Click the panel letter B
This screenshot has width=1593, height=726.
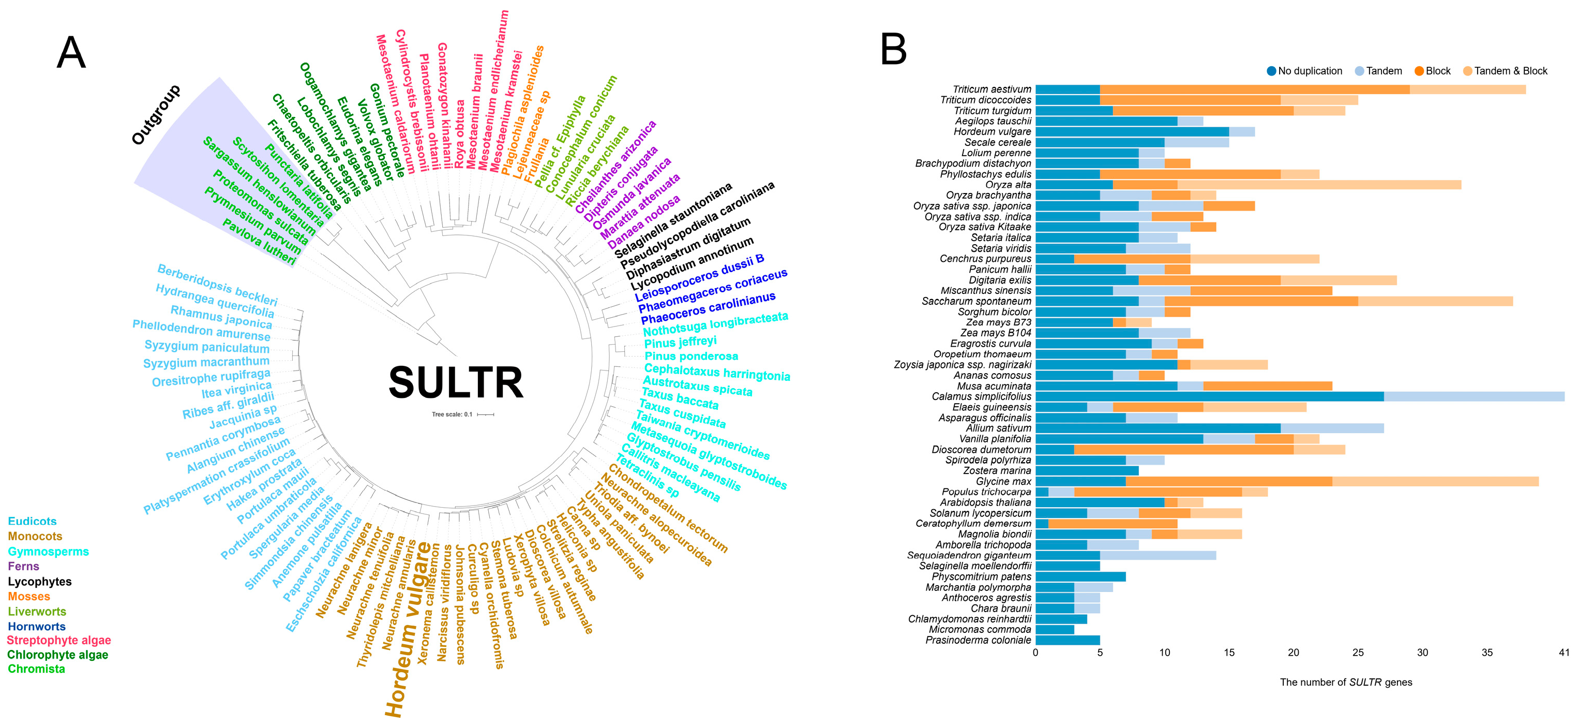pos(893,50)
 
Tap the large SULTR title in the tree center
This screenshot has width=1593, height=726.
pos(456,382)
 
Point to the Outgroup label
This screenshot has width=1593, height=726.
pos(156,114)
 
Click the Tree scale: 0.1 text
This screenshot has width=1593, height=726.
pos(452,414)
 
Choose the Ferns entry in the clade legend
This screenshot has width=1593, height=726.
pos(23,566)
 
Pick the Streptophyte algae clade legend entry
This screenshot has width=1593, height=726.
pos(59,641)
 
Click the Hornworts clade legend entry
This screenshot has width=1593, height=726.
pos(37,626)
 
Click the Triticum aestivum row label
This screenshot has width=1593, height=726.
pos(992,89)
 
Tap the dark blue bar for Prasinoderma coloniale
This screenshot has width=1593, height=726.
pos(1068,640)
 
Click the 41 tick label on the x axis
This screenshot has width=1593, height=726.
pos(1564,653)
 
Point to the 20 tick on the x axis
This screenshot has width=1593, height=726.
pos(1293,653)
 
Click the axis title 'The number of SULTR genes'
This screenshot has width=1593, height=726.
pos(1346,682)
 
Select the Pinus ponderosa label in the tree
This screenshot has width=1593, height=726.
pos(691,356)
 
